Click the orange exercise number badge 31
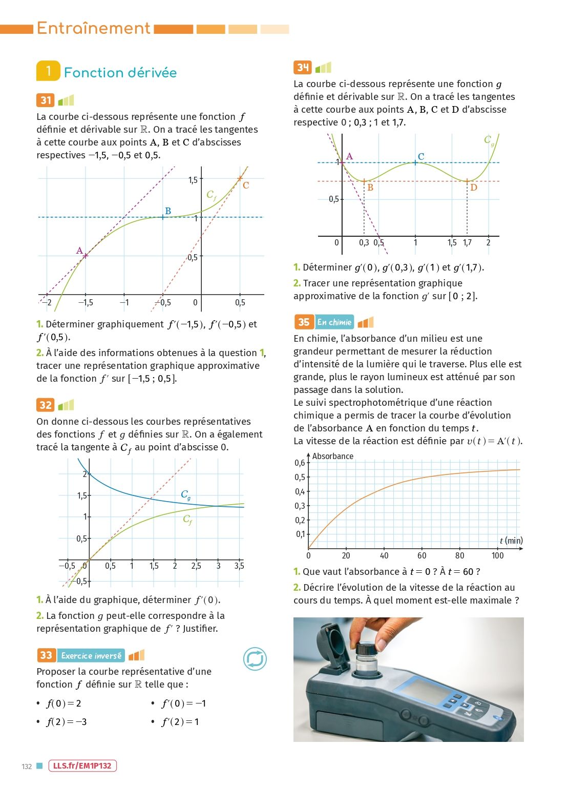coord(45,100)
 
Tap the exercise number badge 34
coord(302,68)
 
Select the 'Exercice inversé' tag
coord(91,656)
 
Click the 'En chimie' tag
coord(334,322)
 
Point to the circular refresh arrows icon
coord(255,659)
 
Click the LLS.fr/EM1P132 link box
coord(82,766)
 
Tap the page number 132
coord(27,767)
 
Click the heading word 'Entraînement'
coord(93,28)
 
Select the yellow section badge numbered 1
coord(48,71)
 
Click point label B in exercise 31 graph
coord(168,211)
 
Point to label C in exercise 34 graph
coord(421,156)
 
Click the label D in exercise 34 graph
coord(473,187)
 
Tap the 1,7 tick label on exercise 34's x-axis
coord(467,242)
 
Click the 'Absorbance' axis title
coord(332,456)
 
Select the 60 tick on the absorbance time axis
coord(422,555)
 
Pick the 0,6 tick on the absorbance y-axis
coord(300,463)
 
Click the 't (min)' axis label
coord(512,541)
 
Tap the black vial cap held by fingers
coord(367,648)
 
